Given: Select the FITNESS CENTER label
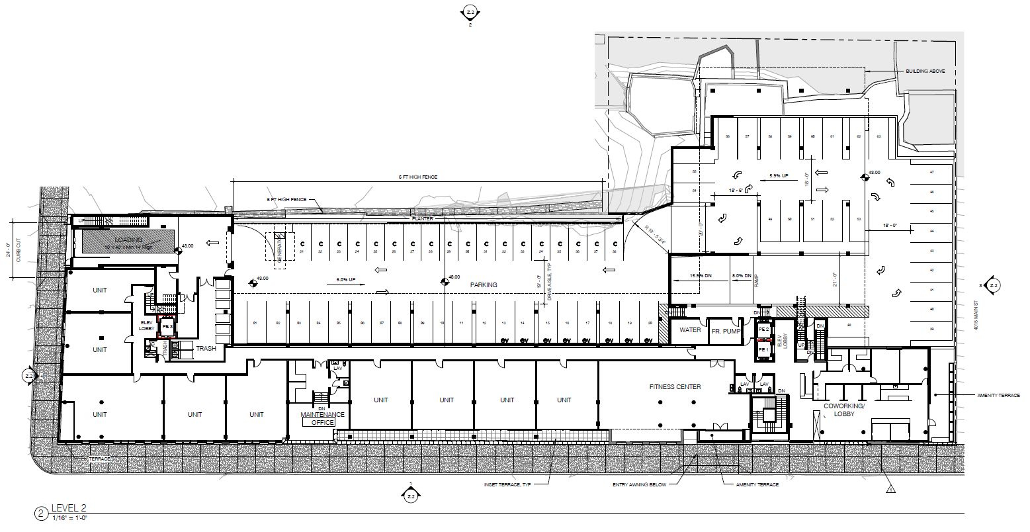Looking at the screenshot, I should [675, 387].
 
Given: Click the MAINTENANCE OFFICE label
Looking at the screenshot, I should [323, 418].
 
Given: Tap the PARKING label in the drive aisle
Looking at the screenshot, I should [484, 285].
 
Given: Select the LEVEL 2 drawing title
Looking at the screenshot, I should [69, 508].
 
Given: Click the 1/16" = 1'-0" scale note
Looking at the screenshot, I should [69, 517].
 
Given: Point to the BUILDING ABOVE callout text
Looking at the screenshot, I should [926, 71].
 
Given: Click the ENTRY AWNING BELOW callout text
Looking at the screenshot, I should [641, 485].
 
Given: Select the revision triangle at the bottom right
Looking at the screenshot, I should [890, 490].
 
